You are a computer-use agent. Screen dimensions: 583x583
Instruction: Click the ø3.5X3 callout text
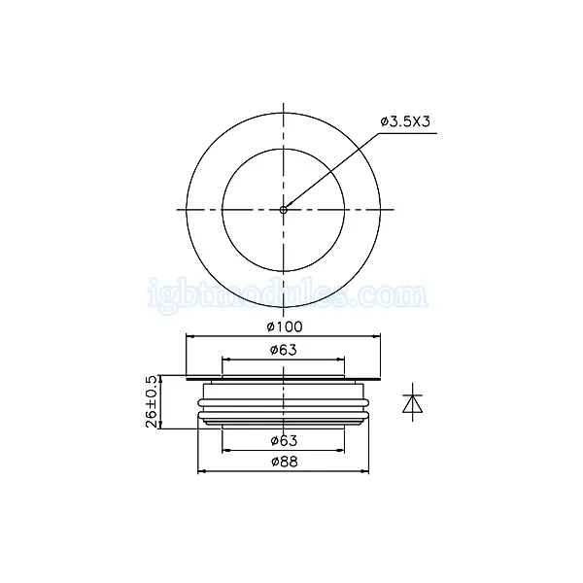(x=405, y=121)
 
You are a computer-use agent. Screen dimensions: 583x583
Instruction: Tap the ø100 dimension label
(x=285, y=326)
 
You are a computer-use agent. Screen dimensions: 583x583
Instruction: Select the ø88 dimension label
(x=285, y=462)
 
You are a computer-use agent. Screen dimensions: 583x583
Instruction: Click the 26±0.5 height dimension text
(x=152, y=401)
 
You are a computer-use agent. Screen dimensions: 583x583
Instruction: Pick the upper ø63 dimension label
(x=284, y=350)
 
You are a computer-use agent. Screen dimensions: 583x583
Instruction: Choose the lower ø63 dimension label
(x=284, y=440)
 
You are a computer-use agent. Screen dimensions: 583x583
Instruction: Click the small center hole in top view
(x=284, y=210)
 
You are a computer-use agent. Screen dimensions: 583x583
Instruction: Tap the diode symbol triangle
(x=413, y=404)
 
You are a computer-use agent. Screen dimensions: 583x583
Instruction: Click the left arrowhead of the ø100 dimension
(x=190, y=336)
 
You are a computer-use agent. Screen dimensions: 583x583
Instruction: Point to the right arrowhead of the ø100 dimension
(x=377, y=336)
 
